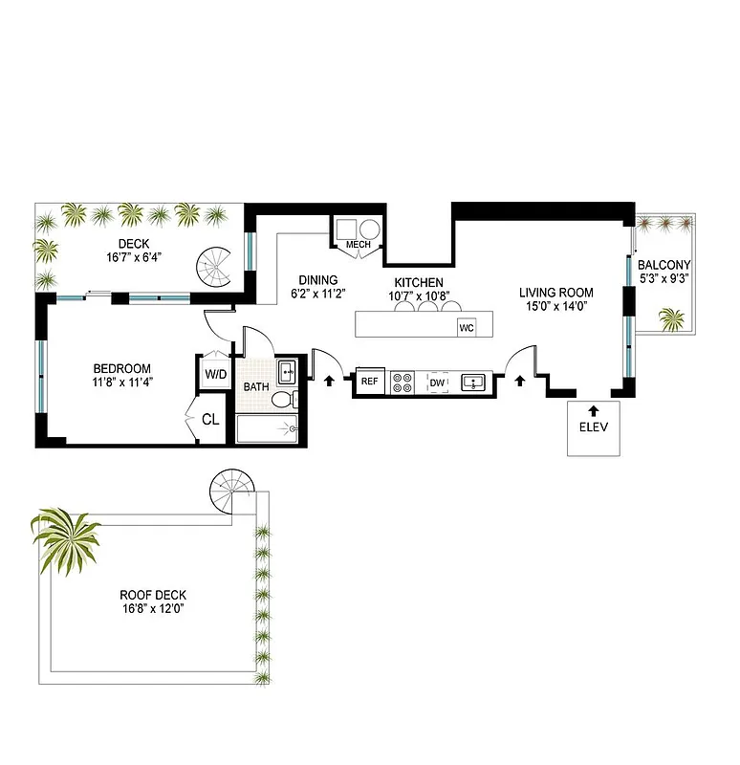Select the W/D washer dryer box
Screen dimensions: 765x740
tap(214, 373)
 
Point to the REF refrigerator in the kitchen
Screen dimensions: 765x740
tap(371, 382)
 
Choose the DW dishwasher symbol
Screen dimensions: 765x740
tap(438, 382)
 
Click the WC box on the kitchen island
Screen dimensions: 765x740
tap(467, 327)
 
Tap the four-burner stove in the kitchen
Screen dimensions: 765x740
tap(403, 382)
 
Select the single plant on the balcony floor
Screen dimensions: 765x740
tap(672, 317)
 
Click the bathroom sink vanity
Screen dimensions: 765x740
tap(286, 371)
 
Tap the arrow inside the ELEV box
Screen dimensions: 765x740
tap(593, 410)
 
